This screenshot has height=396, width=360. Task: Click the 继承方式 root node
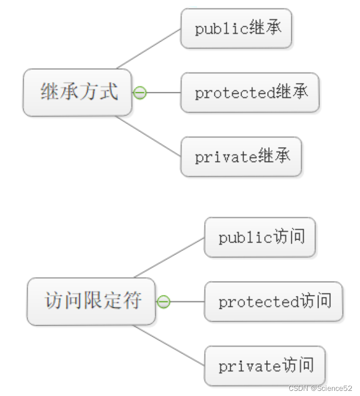pos(77,92)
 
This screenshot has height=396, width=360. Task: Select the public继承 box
pos(236,29)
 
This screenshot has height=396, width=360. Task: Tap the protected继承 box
pos(250,93)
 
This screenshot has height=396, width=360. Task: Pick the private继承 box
pos(241,156)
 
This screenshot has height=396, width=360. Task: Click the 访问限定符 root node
pos(91,301)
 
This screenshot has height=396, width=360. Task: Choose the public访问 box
pos(259,237)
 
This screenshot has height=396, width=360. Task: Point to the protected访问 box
pos(273,302)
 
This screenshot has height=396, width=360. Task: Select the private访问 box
pos(265,366)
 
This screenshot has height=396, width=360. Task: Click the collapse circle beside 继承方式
pos(139,93)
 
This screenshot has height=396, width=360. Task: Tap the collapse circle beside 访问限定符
pos(163,302)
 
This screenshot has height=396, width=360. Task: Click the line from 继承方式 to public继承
pos(149,48)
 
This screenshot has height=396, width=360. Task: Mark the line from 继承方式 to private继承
pos(149,136)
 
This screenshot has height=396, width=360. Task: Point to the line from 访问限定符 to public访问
pos(169,258)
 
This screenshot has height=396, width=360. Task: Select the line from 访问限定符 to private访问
pos(169,345)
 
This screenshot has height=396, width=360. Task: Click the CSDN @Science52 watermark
pos(319,388)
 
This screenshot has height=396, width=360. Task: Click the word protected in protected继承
pos(235,93)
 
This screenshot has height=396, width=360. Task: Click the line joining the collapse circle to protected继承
pos(164,93)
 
